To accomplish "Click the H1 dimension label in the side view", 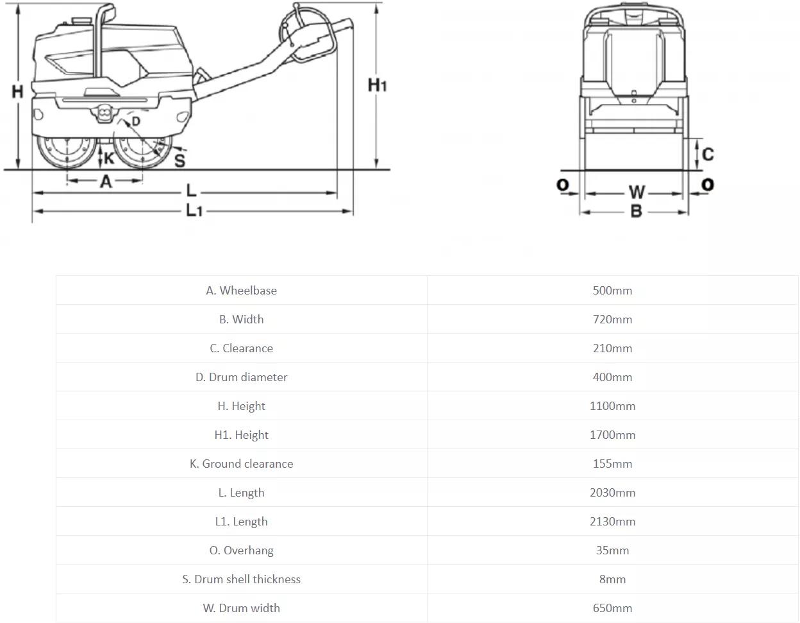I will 377,85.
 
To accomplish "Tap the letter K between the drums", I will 110,158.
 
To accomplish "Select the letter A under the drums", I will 106,182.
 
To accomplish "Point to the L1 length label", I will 194,210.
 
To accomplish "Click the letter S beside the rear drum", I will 179,160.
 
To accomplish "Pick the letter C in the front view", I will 708,154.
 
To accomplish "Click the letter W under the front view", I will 637,192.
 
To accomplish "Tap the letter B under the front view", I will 636,211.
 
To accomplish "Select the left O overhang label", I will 562,185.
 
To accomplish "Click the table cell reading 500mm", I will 612,291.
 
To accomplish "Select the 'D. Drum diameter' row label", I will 242,377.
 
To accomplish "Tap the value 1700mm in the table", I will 612,435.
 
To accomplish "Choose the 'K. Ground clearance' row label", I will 242,464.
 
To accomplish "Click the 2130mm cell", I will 612,522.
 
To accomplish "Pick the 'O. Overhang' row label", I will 242,550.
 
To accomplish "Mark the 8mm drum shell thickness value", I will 612,579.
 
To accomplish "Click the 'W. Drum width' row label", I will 242,608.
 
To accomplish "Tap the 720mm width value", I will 612,320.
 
